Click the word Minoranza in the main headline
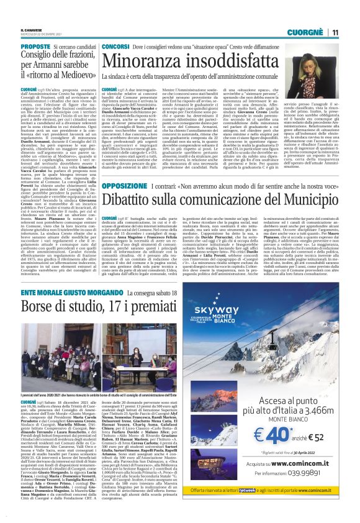pos(143,61)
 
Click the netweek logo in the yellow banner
pos(269,507)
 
